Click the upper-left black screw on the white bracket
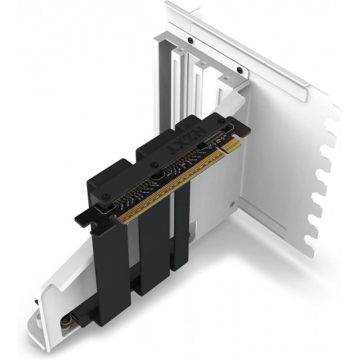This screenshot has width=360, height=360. point(190,39)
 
